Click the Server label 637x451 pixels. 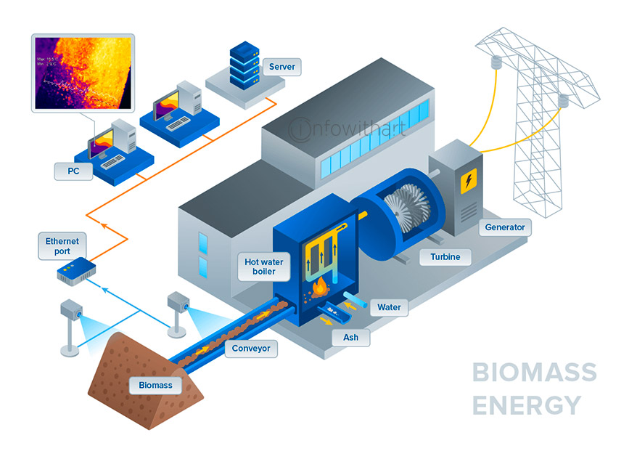281,67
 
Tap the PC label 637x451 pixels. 73,171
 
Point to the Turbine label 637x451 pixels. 445,256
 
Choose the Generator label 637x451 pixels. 504,227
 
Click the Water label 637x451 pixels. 389,307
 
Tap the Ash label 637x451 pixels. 350,338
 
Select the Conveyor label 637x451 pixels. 251,349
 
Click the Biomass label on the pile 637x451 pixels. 156,385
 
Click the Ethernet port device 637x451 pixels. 76,271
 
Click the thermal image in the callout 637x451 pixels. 84,70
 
